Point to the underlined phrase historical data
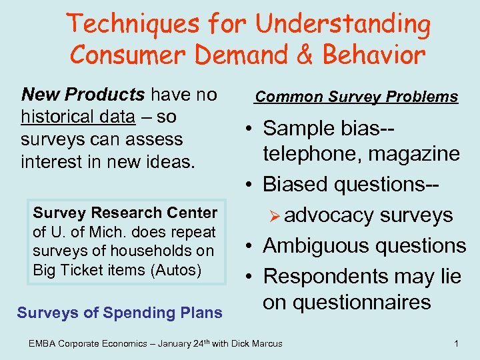[x=78, y=117]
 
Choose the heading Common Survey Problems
[x=357, y=97]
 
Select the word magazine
[x=417, y=154]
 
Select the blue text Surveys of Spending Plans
[x=119, y=312]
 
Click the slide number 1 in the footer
[x=455, y=343]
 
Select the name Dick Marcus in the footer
[x=255, y=343]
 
